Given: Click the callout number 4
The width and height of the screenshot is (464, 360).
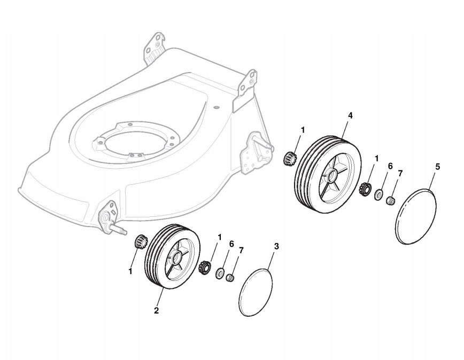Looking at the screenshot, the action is point(350,115).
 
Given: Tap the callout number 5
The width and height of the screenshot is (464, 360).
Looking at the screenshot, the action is point(437,167).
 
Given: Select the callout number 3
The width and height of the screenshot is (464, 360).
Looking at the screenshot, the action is point(276,246).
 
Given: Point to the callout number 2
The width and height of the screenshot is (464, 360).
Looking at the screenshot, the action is point(157,310).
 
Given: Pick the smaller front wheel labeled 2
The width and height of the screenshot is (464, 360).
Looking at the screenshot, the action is point(172,257).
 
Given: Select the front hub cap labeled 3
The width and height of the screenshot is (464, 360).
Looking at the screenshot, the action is point(256,288).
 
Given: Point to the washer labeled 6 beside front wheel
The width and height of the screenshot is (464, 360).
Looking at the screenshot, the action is point(220,275).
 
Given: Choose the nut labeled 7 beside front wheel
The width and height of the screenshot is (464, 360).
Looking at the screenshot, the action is point(231,278).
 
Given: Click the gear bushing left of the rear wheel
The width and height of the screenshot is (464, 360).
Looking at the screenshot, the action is point(291,158).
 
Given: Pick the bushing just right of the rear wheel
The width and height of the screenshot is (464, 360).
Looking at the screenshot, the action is point(365,189).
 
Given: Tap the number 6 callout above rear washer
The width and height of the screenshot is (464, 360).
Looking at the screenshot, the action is point(390,166).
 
